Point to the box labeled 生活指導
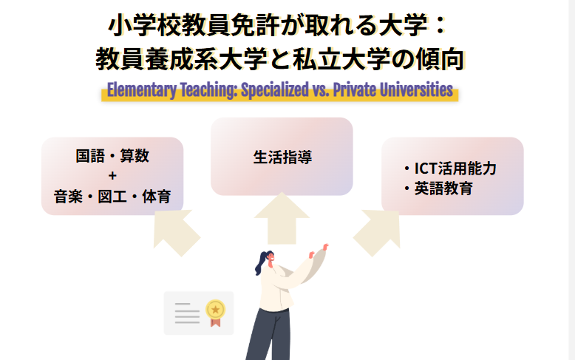(282, 157)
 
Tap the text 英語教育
(443, 189)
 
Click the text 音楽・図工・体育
(112, 197)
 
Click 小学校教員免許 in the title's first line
(190, 27)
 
